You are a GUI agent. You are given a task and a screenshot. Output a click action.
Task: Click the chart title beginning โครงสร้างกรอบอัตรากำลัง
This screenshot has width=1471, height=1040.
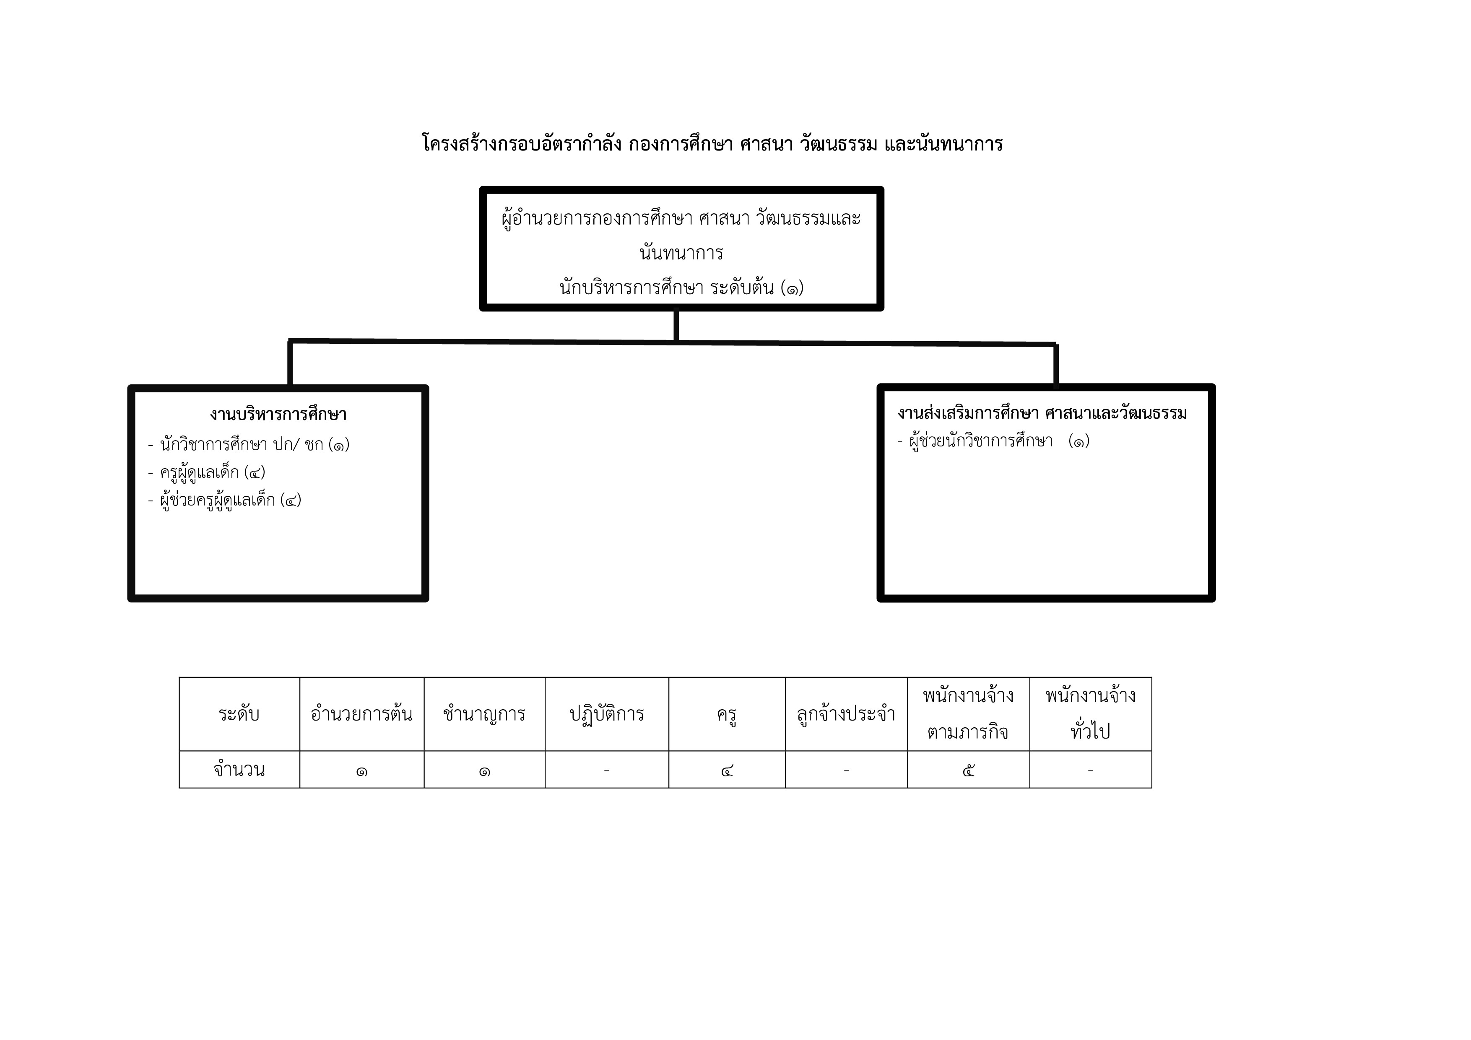coord(712,143)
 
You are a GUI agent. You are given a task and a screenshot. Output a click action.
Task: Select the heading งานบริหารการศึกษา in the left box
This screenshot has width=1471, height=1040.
coord(278,414)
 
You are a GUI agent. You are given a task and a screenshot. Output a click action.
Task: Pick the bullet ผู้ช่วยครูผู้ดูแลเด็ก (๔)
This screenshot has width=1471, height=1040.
coord(224,500)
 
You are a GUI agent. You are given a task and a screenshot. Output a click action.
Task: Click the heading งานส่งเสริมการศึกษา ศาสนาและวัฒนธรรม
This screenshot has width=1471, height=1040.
coord(1042,413)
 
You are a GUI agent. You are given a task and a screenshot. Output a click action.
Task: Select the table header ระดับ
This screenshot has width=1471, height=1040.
coord(239,713)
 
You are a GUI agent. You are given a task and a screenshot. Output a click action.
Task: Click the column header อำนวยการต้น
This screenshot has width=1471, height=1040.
coord(361,713)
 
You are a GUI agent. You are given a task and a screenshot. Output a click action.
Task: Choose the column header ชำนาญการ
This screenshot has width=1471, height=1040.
coord(484,713)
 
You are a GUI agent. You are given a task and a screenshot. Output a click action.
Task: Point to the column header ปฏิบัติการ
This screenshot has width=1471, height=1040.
coord(607,714)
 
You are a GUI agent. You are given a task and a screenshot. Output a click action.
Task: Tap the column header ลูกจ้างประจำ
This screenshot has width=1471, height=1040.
coord(846,713)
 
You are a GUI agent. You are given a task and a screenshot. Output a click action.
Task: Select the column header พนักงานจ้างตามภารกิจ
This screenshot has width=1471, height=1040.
coord(968,713)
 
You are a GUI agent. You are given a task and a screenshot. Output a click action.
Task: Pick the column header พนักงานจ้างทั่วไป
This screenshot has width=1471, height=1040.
coord(1090,713)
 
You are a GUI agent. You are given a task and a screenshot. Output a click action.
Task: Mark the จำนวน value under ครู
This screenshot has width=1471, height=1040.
coord(727,770)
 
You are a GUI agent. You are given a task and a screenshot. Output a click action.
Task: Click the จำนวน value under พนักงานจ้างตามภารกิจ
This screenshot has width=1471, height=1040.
coord(968,770)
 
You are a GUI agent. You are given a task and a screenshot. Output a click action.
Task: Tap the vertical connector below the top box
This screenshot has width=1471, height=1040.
coord(676,325)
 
